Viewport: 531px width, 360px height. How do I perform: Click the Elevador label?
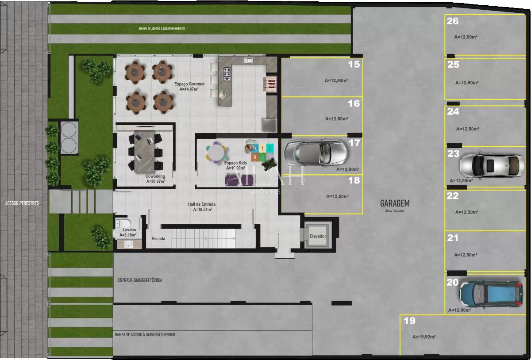318,236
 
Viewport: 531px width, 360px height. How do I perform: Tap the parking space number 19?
409,321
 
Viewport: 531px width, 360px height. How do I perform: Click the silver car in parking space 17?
315,153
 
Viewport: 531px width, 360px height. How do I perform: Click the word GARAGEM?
395,203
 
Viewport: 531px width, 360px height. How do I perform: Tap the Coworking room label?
156,176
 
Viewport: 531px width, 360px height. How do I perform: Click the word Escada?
158,239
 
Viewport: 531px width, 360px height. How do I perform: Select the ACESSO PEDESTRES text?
22,203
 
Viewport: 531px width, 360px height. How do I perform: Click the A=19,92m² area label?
424,337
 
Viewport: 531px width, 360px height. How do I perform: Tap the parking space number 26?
453,21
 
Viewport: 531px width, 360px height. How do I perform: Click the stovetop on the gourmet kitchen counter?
227,74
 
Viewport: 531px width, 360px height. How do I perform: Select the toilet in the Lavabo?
123,222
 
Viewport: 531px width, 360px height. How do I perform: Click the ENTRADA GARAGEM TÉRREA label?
140,280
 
